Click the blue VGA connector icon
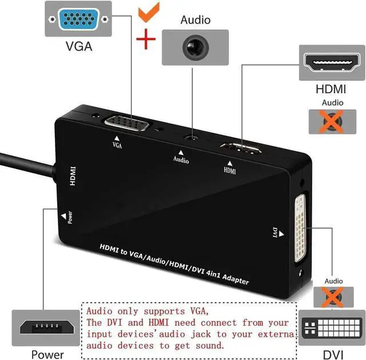[79, 20]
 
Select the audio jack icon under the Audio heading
[194, 46]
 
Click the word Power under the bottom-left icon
[47, 354]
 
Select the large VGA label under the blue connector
[78, 46]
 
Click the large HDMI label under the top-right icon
[332, 89]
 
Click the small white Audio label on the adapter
[181, 160]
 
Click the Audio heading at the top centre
[195, 20]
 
